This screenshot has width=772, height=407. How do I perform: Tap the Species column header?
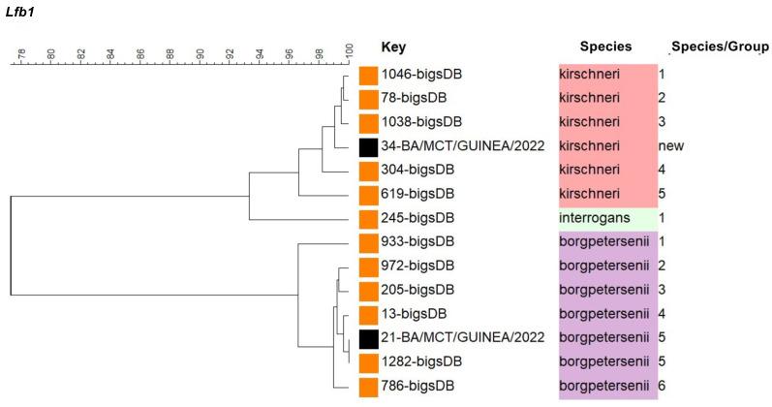pyautogui.click(x=605, y=47)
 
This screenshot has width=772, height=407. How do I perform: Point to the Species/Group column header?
pyautogui.click(x=720, y=47)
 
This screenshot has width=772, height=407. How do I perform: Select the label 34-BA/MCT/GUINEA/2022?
pyautogui.click(x=451, y=146)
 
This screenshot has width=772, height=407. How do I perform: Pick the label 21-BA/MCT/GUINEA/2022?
pyautogui.click(x=451, y=338)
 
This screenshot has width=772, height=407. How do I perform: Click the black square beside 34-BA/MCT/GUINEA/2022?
pyautogui.click(x=367, y=147)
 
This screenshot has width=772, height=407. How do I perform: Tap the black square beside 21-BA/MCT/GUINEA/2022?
pyautogui.click(x=367, y=338)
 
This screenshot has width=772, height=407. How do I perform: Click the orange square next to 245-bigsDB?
pyautogui.click(x=367, y=219)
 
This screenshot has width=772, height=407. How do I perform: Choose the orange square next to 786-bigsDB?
pyautogui.click(x=367, y=387)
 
